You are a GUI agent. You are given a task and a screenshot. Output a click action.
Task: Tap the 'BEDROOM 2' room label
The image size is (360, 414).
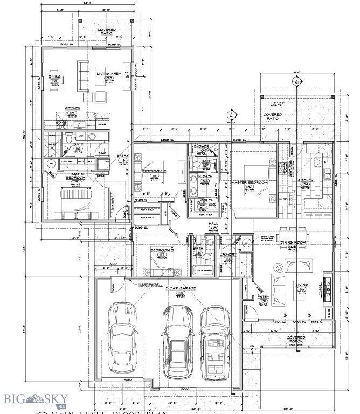coord(154,171)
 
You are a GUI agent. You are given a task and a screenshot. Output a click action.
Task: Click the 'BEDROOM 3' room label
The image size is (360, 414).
coord(162,250)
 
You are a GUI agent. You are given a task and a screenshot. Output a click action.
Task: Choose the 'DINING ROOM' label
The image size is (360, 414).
coord(294,242)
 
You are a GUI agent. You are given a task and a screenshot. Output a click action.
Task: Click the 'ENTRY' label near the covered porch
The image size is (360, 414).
coord(263,297)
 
